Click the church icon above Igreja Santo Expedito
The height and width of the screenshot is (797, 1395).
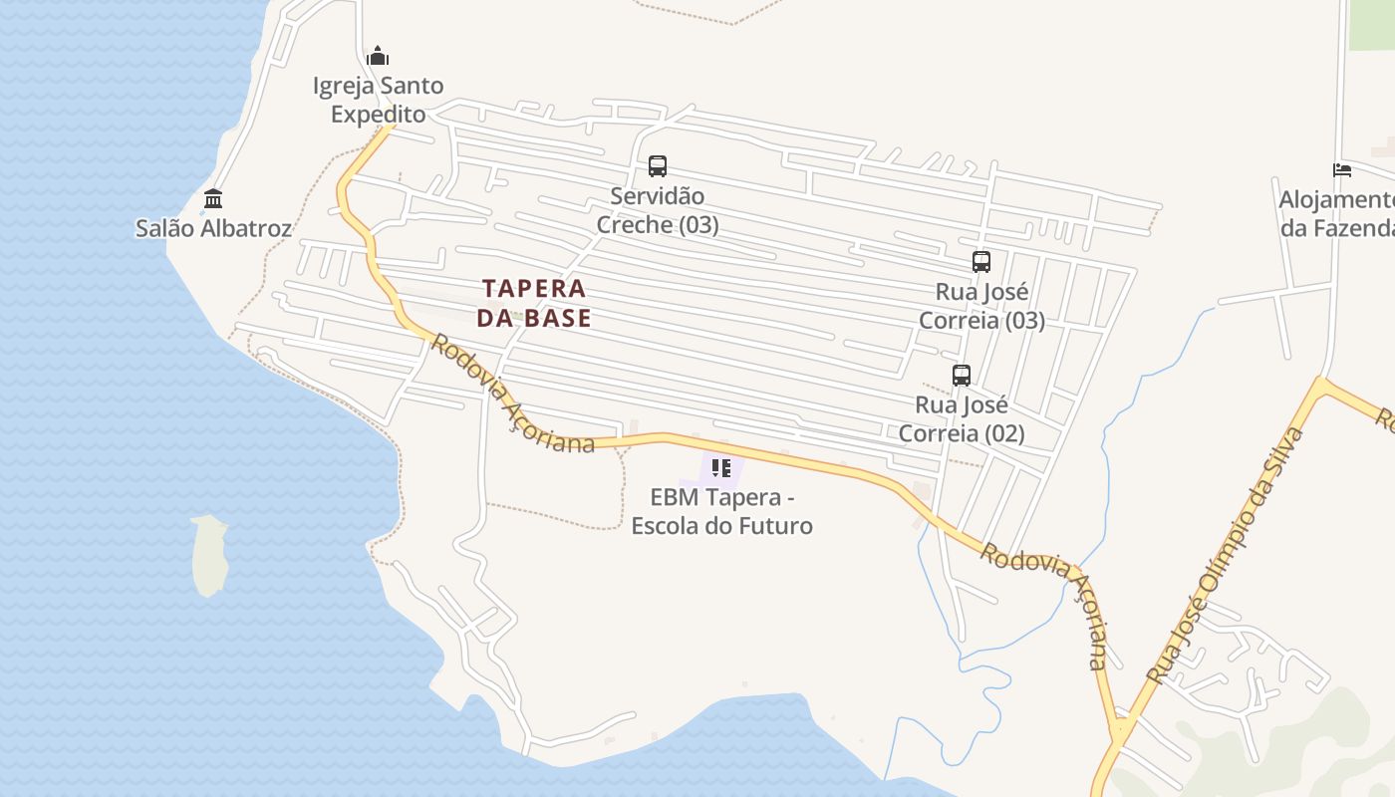pos(378,56)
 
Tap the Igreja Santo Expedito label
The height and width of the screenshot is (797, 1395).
pos(378,100)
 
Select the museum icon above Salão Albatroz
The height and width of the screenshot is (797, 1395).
pos(212,198)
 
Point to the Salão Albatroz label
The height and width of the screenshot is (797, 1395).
pos(213,228)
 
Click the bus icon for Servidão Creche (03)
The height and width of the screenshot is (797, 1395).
pos(658,166)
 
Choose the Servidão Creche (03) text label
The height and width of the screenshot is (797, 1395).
pos(658,210)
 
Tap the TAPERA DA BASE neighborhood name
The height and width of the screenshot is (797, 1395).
pos(534,303)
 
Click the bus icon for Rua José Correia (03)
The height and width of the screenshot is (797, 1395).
pos(981,262)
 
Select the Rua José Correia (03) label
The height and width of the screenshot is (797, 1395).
pos(981,306)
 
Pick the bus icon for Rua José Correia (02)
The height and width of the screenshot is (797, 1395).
pos(962,376)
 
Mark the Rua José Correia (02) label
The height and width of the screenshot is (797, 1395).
pos(962,419)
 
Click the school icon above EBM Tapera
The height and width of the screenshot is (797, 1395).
pos(722,468)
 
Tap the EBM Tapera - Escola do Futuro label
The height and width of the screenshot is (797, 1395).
pos(722,511)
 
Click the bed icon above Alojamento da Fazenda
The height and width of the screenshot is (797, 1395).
pos(1342,170)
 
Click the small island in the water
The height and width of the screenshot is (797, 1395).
pos(210,555)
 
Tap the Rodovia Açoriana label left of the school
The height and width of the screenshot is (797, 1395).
pos(512,395)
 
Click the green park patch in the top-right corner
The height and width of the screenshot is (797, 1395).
pos(1372,24)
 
